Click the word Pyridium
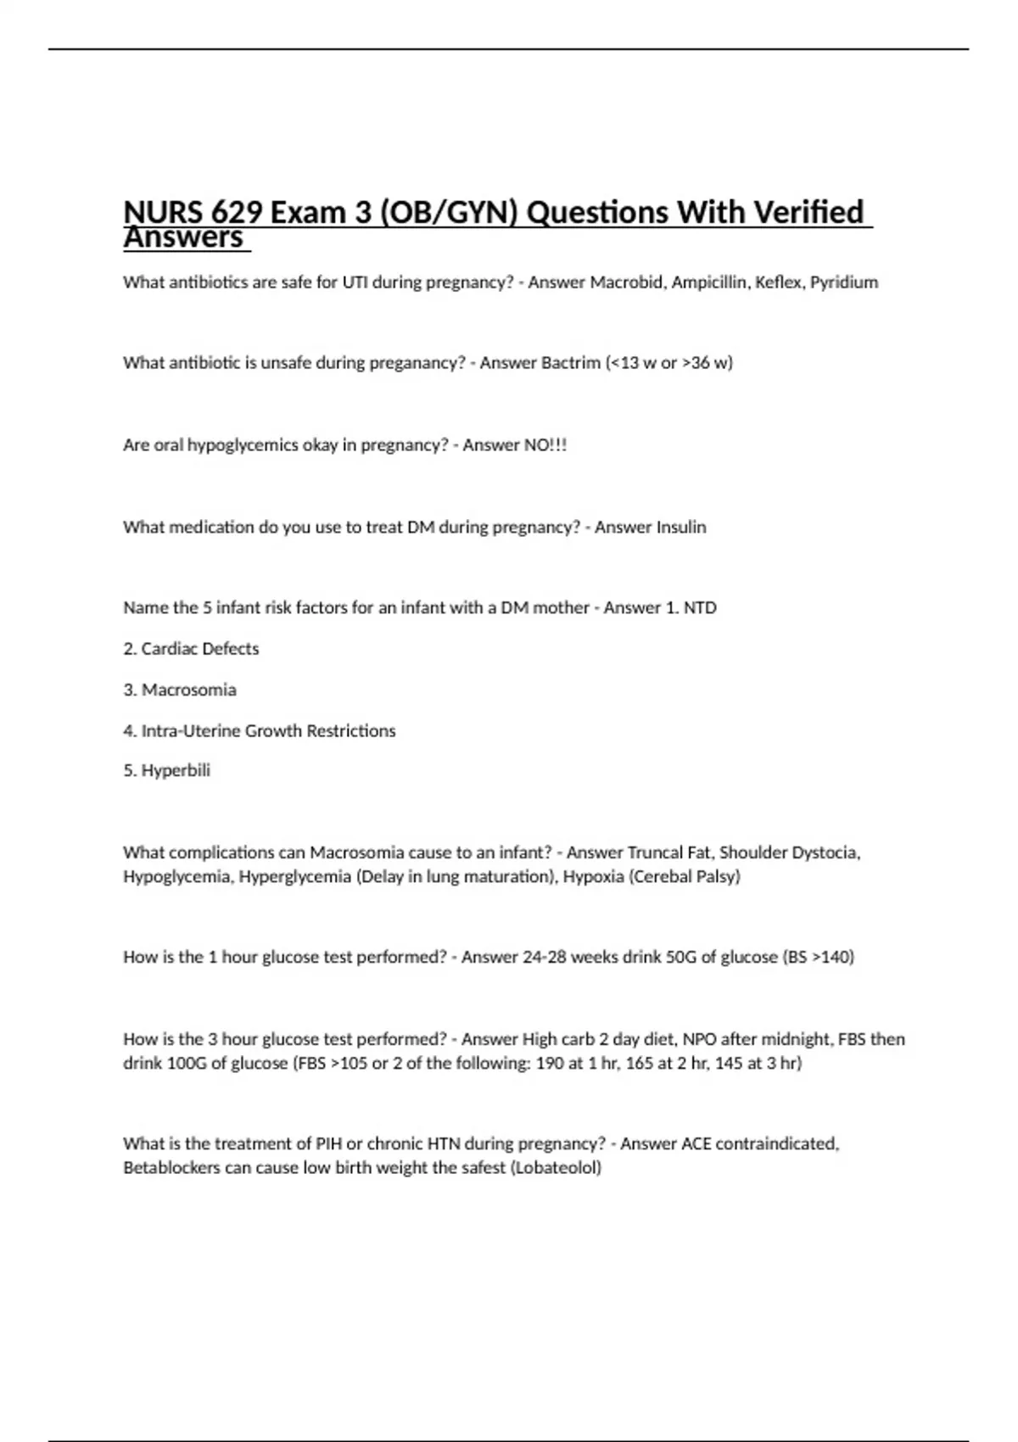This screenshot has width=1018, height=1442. (844, 282)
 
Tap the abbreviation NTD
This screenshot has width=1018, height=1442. (700, 608)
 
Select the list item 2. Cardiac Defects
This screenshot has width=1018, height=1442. (191, 649)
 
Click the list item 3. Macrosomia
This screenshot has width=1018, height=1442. (180, 690)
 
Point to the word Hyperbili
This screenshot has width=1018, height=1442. (176, 771)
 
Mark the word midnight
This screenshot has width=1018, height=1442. (795, 1040)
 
